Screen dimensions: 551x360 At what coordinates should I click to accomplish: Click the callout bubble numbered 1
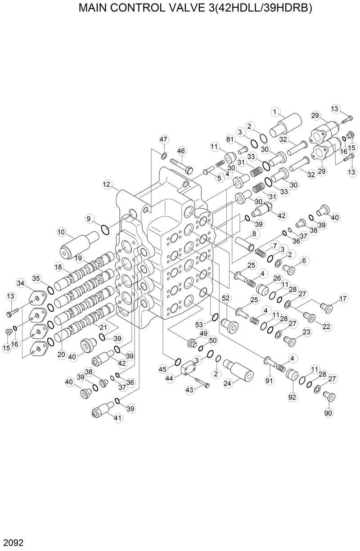click(x=276, y=111)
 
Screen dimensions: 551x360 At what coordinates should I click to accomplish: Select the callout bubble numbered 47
click(x=163, y=139)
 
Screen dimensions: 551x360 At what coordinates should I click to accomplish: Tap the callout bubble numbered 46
click(x=181, y=151)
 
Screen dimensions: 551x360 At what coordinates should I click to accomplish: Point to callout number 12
click(x=107, y=184)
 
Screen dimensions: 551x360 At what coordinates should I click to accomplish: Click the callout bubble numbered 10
click(x=62, y=232)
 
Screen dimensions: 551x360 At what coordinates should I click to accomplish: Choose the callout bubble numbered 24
click(x=228, y=383)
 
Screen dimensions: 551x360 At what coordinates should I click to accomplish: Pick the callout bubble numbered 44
click(x=170, y=379)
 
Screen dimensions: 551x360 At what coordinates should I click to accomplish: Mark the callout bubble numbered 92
click(x=292, y=397)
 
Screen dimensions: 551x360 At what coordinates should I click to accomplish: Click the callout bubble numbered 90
click(x=328, y=412)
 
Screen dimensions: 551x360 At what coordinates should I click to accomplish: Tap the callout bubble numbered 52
click(x=226, y=298)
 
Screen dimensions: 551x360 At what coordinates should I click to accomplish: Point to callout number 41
click(x=118, y=418)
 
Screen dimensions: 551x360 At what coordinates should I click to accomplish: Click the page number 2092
click(x=12, y=543)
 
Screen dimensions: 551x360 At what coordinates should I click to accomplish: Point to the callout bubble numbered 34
click(x=21, y=283)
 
